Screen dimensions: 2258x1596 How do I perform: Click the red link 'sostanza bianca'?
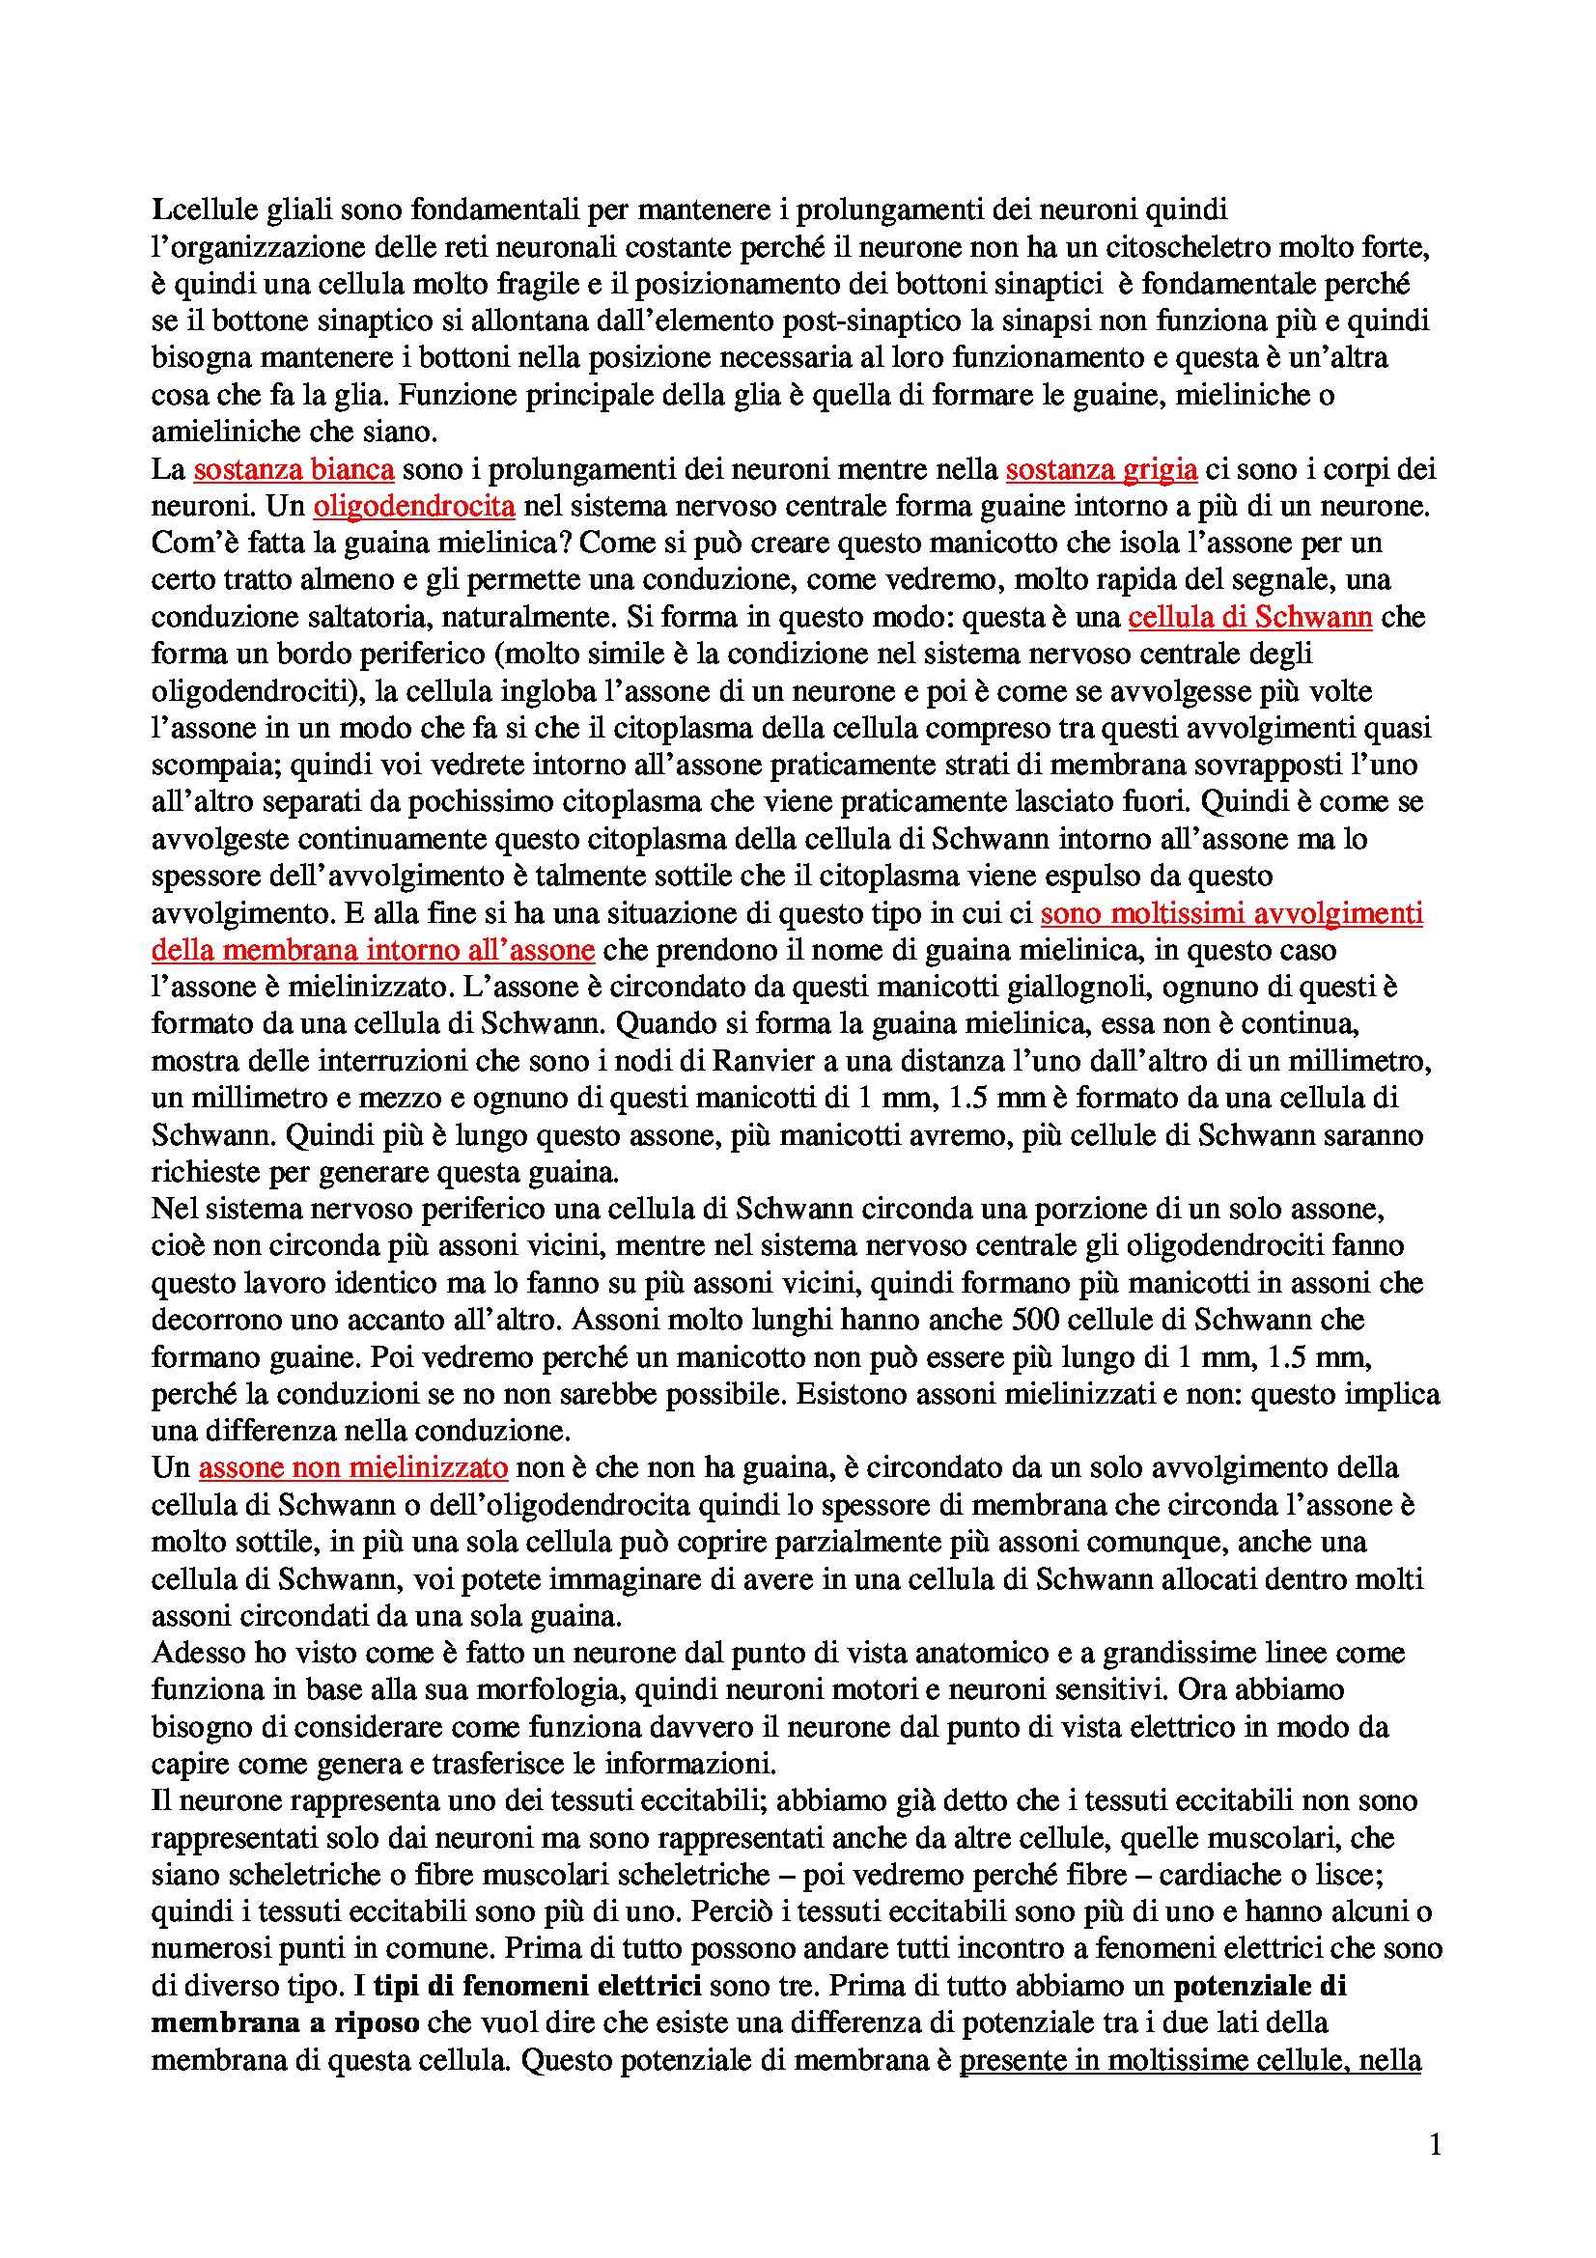tap(294, 470)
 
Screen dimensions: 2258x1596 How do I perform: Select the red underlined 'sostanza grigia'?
tap(1102, 470)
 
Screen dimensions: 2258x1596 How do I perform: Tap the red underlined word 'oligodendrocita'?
tap(414, 507)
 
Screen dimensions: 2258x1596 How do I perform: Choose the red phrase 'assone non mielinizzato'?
tap(353, 1468)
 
